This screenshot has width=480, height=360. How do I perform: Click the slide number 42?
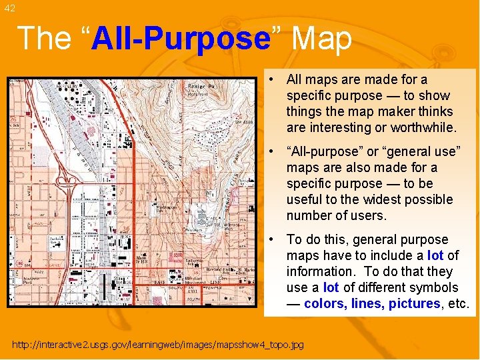[8, 8]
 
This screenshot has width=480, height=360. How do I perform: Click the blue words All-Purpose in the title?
[180, 39]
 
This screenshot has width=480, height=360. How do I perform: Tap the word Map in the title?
[321, 39]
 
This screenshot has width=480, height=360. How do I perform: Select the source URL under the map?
[158, 345]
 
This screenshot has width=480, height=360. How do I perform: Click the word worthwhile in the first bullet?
[423, 127]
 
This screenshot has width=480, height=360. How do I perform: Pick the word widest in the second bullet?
[382, 199]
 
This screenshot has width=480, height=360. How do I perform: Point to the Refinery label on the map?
[66, 87]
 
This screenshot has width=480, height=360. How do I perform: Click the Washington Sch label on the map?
[167, 209]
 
